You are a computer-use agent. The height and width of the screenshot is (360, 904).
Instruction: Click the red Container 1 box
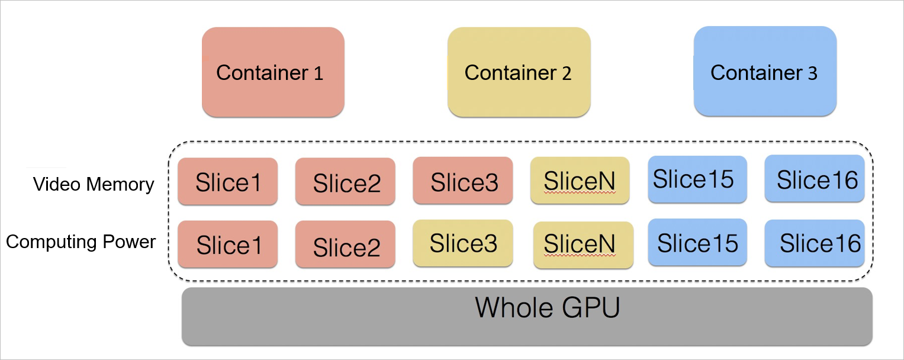[x=273, y=72]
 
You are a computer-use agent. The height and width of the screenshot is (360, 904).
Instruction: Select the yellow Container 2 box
[x=519, y=72]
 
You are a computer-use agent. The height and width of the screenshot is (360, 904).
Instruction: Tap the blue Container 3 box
[x=765, y=72]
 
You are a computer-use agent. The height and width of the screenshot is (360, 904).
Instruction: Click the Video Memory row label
[x=94, y=184]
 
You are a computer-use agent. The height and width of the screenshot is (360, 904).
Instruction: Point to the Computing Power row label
[x=81, y=242]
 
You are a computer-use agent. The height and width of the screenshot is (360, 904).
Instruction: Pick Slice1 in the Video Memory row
[x=227, y=182]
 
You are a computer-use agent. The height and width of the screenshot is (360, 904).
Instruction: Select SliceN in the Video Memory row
[x=580, y=180]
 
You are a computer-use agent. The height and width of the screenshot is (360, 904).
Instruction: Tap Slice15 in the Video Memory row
[x=697, y=178]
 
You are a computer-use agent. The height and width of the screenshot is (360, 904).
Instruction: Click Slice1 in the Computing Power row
[x=227, y=244]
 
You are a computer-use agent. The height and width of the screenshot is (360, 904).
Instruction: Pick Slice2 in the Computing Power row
[x=345, y=245]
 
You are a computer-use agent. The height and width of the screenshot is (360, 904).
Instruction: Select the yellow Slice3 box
[x=463, y=243]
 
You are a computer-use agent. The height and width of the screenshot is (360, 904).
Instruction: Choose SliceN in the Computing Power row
[x=583, y=245]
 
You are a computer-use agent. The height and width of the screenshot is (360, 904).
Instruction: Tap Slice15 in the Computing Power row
[x=697, y=243]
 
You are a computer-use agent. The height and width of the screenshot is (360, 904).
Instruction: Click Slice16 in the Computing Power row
[x=815, y=243]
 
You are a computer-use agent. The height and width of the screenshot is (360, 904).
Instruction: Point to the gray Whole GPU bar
[x=527, y=317]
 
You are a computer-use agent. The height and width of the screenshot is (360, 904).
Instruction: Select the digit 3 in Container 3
[x=812, y=73]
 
